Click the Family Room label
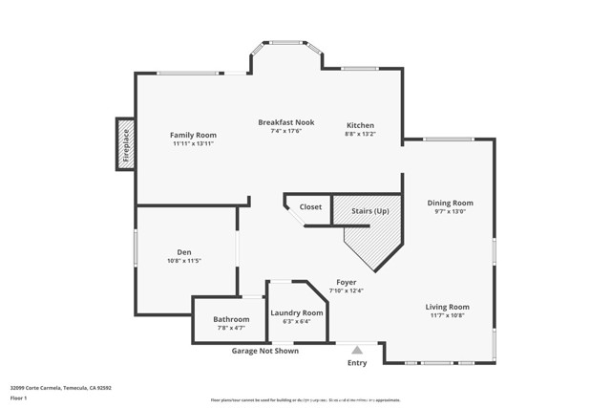point(193,135)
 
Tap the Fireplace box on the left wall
point(124,144)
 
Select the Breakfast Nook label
point(285,122)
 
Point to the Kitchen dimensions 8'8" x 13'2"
point(360,135)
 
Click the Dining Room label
point(450,203)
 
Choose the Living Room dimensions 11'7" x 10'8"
point(447,315)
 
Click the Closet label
point(310,206)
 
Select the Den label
point(184,252)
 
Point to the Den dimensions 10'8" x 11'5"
point(184,261)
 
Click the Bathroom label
point(231,319)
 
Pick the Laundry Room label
point(296,312)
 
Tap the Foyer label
point(346,282)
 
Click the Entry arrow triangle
point(356,350)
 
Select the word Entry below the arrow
point(356,363)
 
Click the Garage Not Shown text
point(264,351)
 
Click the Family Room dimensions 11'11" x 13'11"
point(193,143)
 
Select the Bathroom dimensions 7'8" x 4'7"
point(231,328)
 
